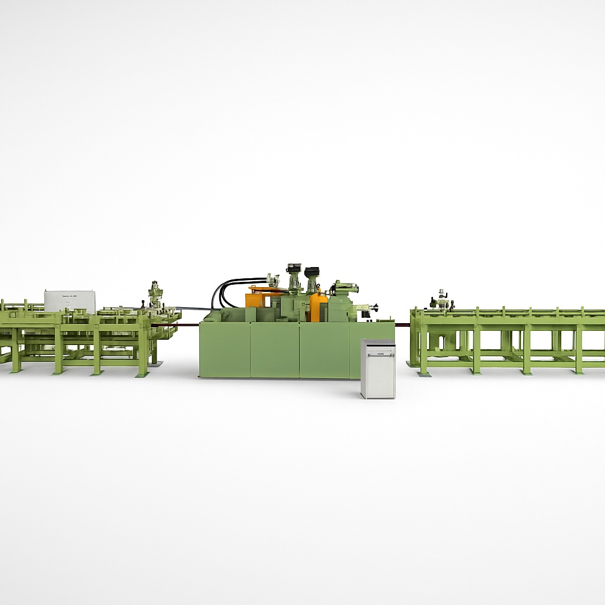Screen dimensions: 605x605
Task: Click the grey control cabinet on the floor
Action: click(378, 369)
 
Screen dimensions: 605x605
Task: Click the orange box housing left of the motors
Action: click(258, 298)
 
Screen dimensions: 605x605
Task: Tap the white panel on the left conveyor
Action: click(70, 300)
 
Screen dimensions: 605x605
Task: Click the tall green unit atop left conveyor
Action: click(156, 295)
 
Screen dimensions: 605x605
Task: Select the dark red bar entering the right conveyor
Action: click(402, 324)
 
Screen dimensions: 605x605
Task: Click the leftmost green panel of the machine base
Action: click(225, 350)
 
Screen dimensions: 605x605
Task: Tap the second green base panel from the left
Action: click(274, 350)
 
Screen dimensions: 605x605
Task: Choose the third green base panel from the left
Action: click(324, 350)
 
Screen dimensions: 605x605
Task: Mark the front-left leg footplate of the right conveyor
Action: click(422, 374)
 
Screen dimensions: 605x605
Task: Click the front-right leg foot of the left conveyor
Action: click(143, 375)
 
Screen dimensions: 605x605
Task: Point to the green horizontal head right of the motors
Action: click(345, 289)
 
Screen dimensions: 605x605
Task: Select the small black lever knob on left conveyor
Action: click(142, 304)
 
